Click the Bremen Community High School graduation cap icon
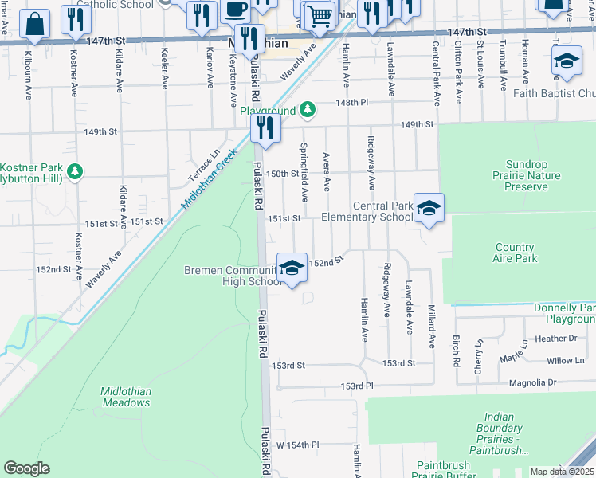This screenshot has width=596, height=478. (x=292, y=268)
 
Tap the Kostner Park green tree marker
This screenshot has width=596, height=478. (x=75, y=170)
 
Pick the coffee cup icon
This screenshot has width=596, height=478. (x=235, y=10)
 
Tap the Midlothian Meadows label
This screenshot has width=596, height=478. (x=125, y=397)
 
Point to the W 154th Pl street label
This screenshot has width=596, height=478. (x=297, y=445)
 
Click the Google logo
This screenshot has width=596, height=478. (x=26, y=468)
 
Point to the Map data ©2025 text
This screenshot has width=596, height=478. (x=562, y=472)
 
